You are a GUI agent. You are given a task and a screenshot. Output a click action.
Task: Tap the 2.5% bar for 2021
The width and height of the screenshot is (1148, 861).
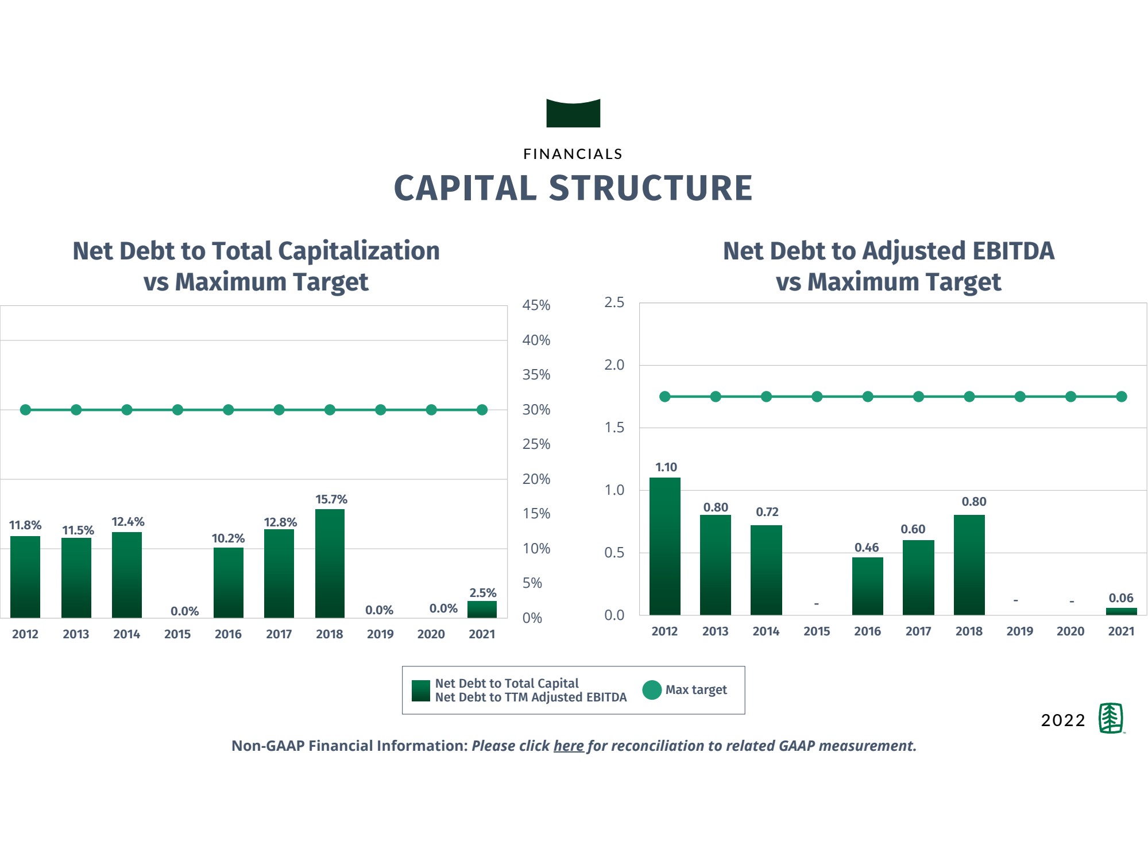482,610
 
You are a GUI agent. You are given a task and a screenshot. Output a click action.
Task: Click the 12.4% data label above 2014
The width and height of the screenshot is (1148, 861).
127,522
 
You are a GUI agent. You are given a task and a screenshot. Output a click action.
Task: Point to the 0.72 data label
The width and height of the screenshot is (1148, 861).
767,512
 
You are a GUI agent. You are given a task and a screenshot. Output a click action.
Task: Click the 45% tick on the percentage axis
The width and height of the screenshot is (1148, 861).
536,305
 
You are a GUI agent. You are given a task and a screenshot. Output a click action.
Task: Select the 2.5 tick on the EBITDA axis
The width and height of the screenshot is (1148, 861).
614,302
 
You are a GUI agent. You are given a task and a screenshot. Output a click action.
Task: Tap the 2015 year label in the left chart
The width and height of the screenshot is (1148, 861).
177,634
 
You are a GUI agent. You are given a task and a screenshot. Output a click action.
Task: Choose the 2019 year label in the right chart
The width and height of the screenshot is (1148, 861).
1019,631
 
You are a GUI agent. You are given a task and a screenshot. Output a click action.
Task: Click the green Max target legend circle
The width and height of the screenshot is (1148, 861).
652,690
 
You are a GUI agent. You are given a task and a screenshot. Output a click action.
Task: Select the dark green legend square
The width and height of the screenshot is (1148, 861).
421,691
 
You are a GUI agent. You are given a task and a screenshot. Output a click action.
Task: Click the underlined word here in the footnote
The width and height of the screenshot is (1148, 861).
569,746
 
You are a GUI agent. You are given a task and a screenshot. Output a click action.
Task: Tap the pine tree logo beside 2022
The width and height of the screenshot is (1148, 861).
1111,718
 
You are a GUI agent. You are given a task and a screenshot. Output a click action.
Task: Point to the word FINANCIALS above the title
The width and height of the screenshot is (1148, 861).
573,154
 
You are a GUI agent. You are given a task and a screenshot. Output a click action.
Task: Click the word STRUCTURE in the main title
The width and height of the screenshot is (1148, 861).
651,188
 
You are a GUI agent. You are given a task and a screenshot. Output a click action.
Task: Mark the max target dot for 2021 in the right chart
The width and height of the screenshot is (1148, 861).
1121,397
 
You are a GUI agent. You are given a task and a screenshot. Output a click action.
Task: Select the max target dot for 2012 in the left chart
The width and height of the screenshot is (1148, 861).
25,410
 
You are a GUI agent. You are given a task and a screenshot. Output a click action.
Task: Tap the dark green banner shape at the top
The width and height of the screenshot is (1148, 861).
573,114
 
